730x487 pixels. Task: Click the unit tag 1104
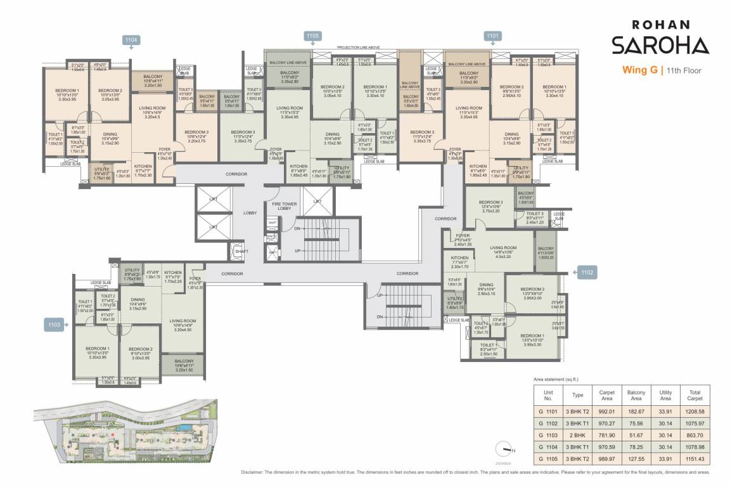(131, 40)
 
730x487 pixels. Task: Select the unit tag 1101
(494, 36)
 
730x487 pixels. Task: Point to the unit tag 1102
(587, 273)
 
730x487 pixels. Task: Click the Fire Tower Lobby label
(281, 205)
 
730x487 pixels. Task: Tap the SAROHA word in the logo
(660, 46)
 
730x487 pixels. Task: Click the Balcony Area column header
(636, 396)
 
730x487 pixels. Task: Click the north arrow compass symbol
(507, 448)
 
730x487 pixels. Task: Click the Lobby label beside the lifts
(250, 213)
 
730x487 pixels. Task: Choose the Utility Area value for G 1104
(664, 446)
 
